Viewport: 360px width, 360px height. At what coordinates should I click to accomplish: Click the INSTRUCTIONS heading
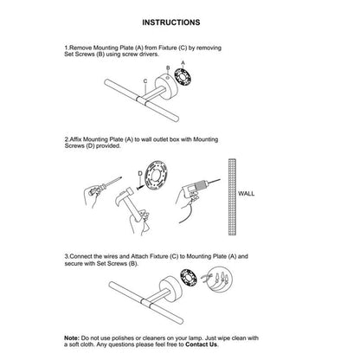[x=171, y=22]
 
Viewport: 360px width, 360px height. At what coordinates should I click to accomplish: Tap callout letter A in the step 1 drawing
[x=183, y=62]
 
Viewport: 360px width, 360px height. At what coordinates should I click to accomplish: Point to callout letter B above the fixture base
[x=168, y=68]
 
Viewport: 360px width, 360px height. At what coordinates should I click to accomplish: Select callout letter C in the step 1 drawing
[x=145, y=81]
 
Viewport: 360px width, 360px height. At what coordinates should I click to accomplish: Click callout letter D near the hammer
[x=140, y=174]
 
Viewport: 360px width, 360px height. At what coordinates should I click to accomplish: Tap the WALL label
[x=247, y=194]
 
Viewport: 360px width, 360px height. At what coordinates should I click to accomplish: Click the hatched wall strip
[x=233, y=196]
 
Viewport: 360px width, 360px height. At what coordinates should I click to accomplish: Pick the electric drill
[x=197, y=192]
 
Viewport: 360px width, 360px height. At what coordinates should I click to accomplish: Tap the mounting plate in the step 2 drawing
[x=156, y=176]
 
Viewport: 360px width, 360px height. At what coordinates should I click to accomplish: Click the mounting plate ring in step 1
[x=183, y=77]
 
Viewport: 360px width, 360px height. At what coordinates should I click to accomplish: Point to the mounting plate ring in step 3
[x=189, y=277]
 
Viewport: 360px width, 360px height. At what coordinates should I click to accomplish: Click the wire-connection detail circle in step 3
[x=220, y=280]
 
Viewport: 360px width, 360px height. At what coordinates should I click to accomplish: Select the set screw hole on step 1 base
[x=168, y=76]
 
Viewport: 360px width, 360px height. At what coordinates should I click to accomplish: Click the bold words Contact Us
[x=202, y=344]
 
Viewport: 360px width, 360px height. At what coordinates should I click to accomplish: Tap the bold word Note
[x=71, y=338]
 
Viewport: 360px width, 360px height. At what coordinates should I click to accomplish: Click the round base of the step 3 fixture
[x=170, y=289]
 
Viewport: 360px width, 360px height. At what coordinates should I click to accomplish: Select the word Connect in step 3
[x=81, y=256]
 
